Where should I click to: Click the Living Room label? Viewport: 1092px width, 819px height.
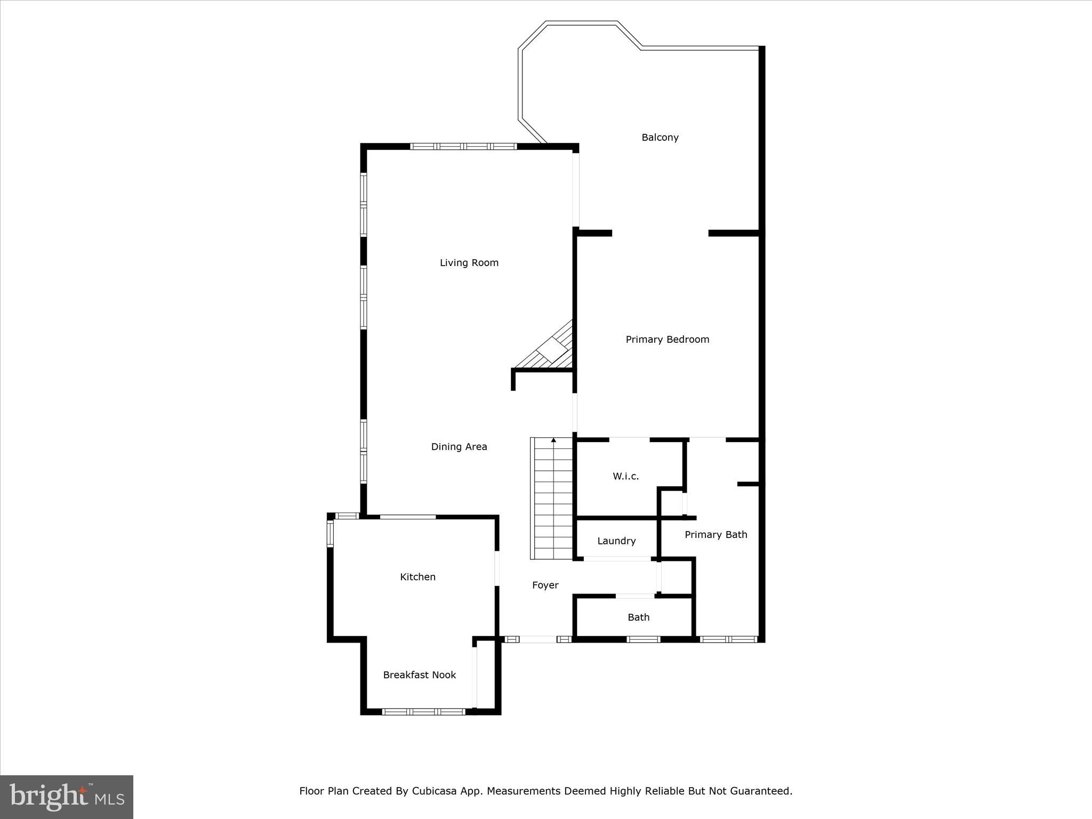[x=469, y=262]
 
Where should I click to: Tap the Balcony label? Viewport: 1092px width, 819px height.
[x=660, y=138]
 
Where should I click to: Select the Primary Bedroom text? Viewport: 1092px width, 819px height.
[x=667, y=340]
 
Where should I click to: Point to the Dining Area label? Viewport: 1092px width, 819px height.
[x=459, y=447]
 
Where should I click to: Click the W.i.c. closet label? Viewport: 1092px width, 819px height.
[x=625, y=476]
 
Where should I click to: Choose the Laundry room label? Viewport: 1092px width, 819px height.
[x=616, y=541]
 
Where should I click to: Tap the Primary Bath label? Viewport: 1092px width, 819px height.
[x=716, y=535]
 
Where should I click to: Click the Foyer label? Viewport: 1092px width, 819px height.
[x=545, y=585]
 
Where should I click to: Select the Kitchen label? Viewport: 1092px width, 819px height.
[x=417, y=577]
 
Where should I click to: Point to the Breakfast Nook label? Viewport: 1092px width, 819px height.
[x=419, y=675]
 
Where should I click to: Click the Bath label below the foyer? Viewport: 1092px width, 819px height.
[x=638, y=617]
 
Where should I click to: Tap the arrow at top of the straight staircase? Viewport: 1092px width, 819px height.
[x=553, y=440]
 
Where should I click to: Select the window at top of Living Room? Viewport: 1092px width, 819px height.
[x=463, y=146]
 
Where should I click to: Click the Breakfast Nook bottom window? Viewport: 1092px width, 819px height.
[x=424, y=711]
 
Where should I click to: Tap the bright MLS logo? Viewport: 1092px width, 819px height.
[x=67, y=797]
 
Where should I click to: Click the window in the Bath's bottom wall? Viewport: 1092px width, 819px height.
[x=643, y=639]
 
